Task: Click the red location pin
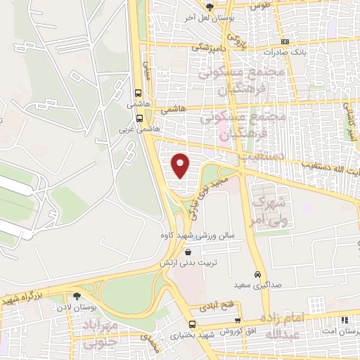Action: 181,165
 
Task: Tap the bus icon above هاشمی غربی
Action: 139,118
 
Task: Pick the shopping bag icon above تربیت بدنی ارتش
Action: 188,252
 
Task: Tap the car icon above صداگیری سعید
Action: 257,274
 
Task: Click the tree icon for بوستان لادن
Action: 77,296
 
